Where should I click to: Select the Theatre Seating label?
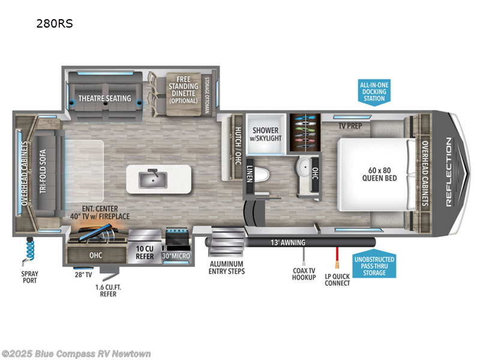104,98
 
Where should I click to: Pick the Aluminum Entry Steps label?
226,267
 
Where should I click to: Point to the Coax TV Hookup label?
304,273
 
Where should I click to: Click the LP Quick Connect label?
337,279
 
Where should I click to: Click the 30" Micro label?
176,257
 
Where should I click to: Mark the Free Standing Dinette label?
182,89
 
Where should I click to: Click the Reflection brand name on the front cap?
449,172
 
